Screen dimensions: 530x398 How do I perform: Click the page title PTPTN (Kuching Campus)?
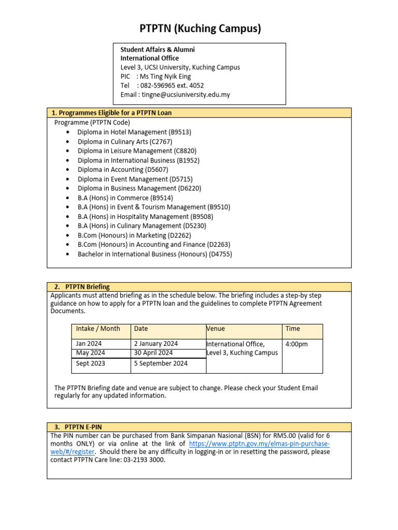(200, 28)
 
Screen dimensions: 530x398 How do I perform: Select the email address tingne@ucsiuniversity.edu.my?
(186, 95)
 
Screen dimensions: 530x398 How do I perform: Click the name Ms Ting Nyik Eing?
(164, 76)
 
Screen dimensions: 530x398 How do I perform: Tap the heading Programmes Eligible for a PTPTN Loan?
(115, 112)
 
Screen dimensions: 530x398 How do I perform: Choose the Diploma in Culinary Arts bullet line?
(125, 141)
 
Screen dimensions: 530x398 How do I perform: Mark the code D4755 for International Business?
(220, 254)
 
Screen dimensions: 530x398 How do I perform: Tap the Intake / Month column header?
(98, 329)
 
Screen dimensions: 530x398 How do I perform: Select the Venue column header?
(216, 329)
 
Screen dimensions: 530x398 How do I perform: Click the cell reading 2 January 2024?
(155, 344)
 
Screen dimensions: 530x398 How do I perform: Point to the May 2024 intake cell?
(90, 353)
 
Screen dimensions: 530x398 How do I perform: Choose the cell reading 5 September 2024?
(161, 363)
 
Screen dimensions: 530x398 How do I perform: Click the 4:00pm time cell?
(296, 344)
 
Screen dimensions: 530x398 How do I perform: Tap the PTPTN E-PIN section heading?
(83, 427)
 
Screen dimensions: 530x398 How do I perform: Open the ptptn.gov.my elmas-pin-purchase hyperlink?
(259, 444)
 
